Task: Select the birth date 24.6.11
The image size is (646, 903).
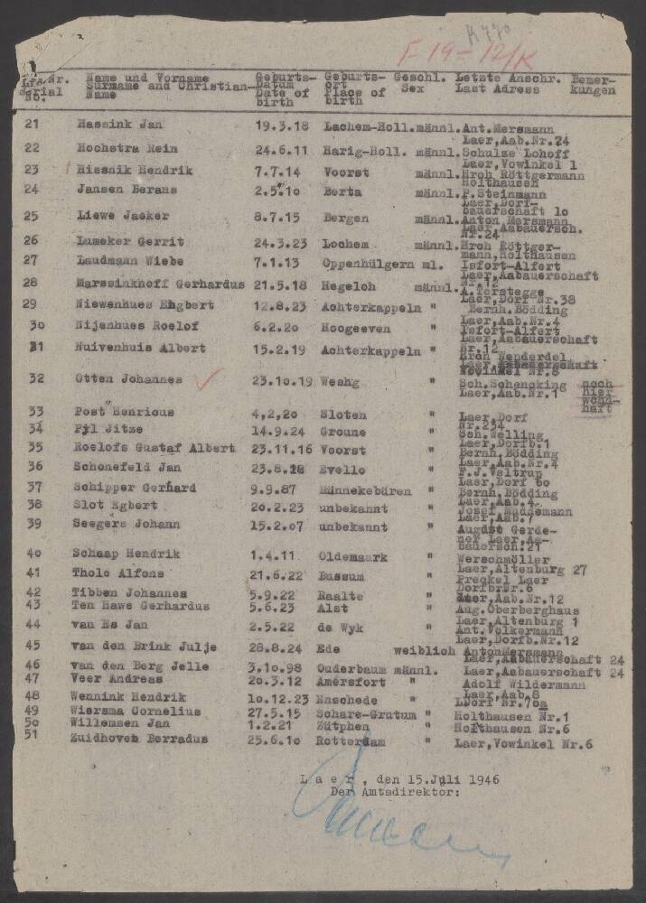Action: (x=277, y=148)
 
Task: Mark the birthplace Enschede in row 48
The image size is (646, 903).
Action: (x=348, y=698)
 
